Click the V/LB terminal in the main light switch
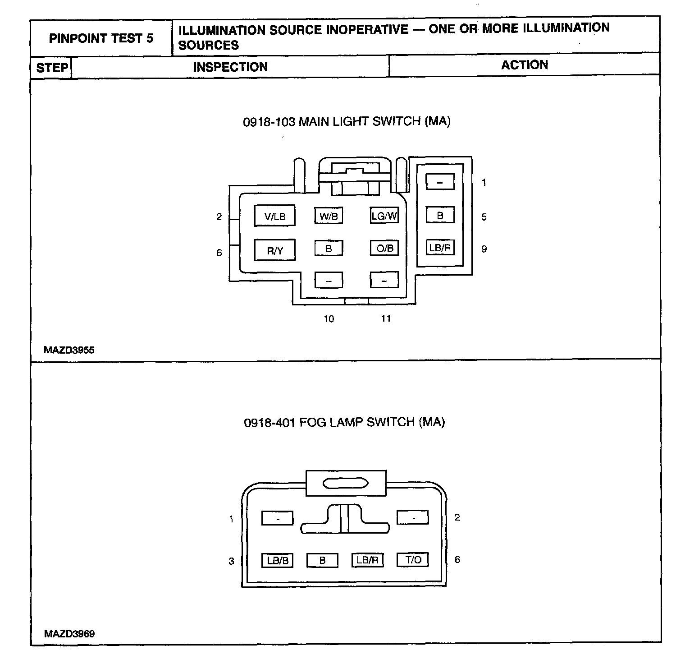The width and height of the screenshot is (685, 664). tap(275, 216)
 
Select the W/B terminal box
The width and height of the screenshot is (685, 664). tap(329, 216)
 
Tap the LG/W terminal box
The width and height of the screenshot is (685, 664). tap(384, 216)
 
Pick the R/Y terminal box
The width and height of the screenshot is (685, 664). tap(275, 250)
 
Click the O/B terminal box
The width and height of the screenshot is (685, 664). tap(384, 248)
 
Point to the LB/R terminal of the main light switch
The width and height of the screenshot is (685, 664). tap(440, 248)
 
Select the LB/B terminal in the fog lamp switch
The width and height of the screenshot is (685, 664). tap(278, 560)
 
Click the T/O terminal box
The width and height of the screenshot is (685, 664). tap(413, 560)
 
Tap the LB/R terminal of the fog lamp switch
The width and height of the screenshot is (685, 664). tap(367, 560)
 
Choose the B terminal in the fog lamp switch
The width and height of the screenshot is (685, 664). tap(322, 560)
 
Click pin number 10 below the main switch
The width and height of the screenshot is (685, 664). tap(329, 319)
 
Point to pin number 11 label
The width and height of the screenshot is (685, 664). tap(386, 318)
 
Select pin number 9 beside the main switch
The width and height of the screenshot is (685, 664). tap(484, 249)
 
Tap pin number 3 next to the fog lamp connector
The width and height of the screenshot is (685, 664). tap(231, 561)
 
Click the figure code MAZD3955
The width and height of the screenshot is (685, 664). tap(69, 350)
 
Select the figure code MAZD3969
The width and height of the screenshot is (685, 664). tap(69, 634)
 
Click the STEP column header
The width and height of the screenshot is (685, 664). tap(52, 68)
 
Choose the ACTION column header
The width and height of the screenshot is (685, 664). tap(525, 65)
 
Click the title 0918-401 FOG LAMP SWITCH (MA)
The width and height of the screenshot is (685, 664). tap(344, 422)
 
